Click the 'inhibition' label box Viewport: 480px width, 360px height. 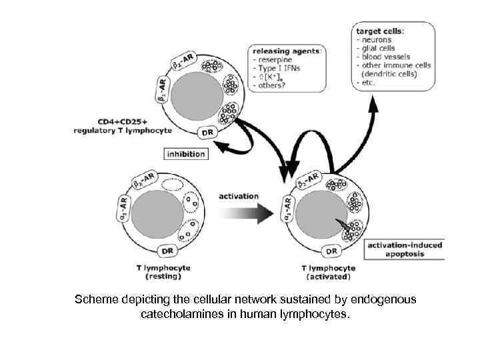click(185, 154)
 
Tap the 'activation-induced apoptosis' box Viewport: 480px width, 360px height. click(405, 250)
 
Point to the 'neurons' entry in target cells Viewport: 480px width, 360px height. click(377, 39)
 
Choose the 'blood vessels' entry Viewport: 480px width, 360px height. click(386, 57)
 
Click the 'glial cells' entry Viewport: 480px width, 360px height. click(379, 48)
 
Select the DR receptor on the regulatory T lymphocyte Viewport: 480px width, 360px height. click(209, 132)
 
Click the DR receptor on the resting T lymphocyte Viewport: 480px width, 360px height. click(167, 251)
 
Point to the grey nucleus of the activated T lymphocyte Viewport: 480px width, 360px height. click(319, 217)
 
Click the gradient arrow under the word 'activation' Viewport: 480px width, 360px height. click(247, 213)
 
